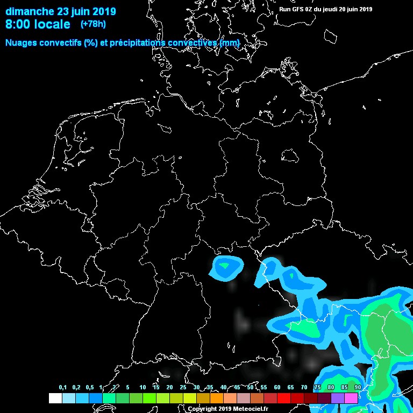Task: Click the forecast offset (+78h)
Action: (x=92, y=24)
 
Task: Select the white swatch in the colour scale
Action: (x=55, y=398)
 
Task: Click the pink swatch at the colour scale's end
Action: (x=351, y=398)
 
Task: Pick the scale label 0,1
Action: (x=63, y=388)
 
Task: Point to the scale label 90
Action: (x=358, y=388)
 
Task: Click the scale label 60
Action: (x=277, y=388)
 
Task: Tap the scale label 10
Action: (x=143, y=388)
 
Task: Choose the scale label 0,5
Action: (x=89, y=388)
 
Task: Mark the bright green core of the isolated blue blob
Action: (x=225, y=265)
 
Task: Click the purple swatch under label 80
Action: (x=337, y=398)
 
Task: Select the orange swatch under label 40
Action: (x=216, y=398)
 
